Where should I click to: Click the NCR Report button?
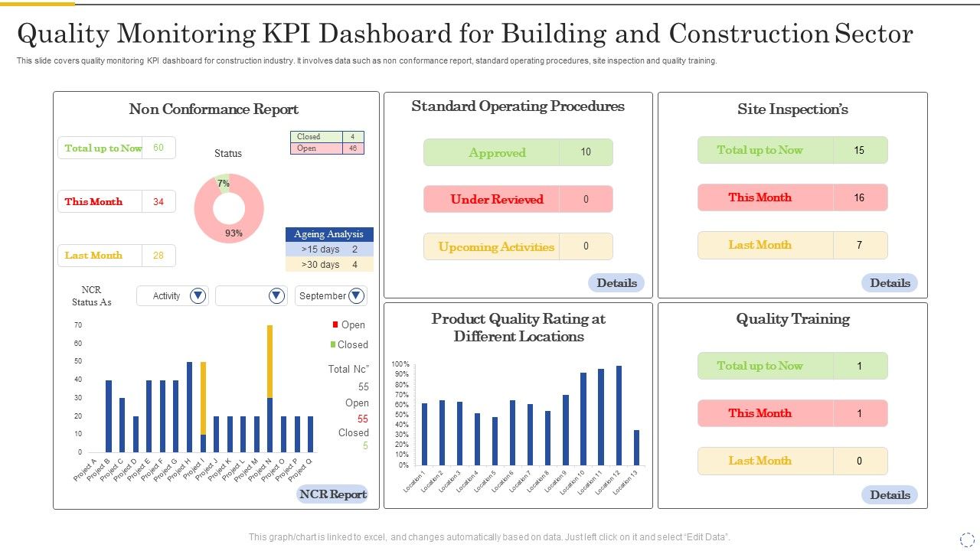(x=332, y=494)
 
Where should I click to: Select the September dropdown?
(x=331, y=296)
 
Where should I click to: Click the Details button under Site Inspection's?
(x=890, y=283)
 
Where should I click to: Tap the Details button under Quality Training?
(x=890, y=495)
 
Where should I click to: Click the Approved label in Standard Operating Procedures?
(x=497, y=153)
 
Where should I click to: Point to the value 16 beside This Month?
(x=859, y=198)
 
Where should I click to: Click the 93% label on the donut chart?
(x=234, y=233)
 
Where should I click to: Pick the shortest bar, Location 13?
(x=636, y=448)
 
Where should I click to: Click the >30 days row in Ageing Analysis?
(x=329, y=265)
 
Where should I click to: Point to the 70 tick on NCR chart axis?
(x=78, y=325)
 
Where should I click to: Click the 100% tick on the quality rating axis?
(x=400, y=364)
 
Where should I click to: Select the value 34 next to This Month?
(x=158, y=202)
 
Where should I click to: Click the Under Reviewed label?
(x=497, y=200)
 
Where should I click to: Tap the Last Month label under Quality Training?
(x=759, y=461)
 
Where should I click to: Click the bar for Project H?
(x=189, y=407)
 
